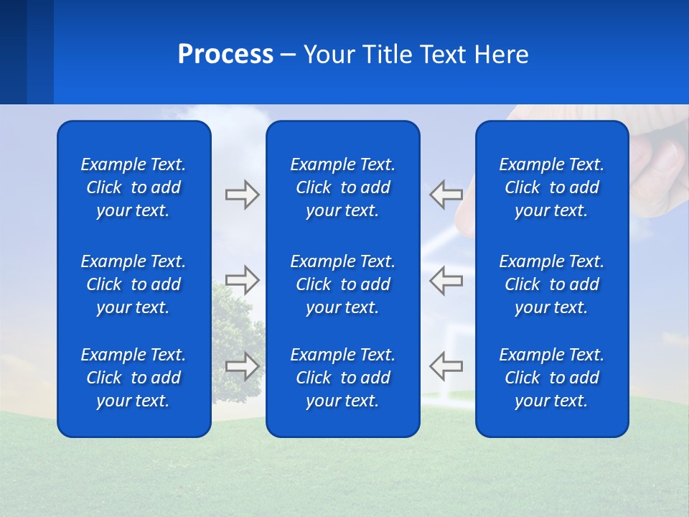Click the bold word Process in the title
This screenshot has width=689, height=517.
pos(225,55)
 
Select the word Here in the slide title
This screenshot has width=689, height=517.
pos(501,55)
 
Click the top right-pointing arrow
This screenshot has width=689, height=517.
pos(242,195)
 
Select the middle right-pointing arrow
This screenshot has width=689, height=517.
pos(242,280)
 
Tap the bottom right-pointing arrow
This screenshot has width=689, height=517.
pos(242,365)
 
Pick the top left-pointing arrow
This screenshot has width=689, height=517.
pos(446,195)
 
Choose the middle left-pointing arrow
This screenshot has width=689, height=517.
pos(446,280)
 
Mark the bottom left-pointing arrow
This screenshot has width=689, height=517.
pos(446,365)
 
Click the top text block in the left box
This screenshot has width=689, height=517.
pos(133,187)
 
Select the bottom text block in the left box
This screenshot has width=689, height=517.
pos(133,378)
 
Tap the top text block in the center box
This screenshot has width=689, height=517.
pos(343,187)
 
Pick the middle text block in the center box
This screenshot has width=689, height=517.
pos(343,284)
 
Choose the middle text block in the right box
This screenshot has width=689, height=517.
pos(552,284)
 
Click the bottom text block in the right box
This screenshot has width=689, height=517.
pos(552,378)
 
